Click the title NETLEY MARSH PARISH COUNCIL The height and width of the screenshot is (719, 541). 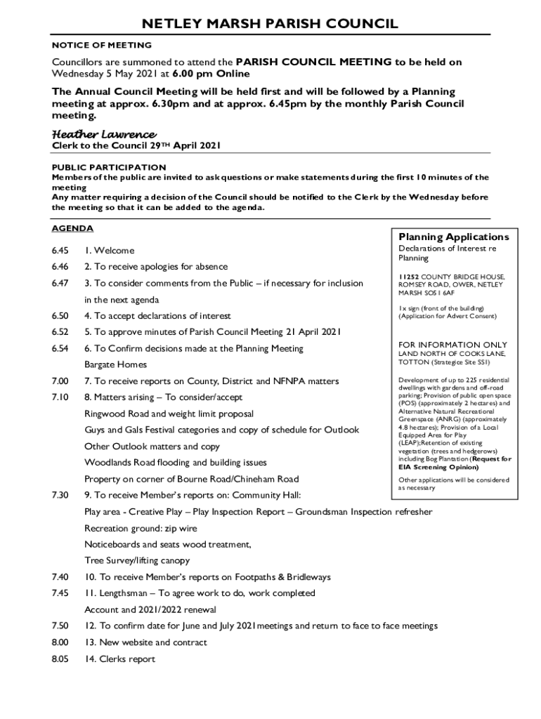click(x=270, y=25)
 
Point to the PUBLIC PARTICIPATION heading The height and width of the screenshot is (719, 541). click(x=109, y=167)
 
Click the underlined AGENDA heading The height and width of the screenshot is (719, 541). click(x=72, y=229)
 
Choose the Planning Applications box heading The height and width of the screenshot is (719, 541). click(x=454, y=237)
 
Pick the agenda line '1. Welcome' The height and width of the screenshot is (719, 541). click(x=109, y=251)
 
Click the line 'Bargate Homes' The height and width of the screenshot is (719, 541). click(x=116, y=364)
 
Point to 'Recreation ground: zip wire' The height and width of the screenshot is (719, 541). click(x=141, y=528)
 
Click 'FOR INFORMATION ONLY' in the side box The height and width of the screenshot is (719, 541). click(x=452, y=345)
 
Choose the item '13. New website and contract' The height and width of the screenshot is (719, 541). click(x=146, y=642)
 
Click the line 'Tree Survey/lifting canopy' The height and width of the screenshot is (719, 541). click(x=137, y=560)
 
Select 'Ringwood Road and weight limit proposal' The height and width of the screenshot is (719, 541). click(x=169, y=414)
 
